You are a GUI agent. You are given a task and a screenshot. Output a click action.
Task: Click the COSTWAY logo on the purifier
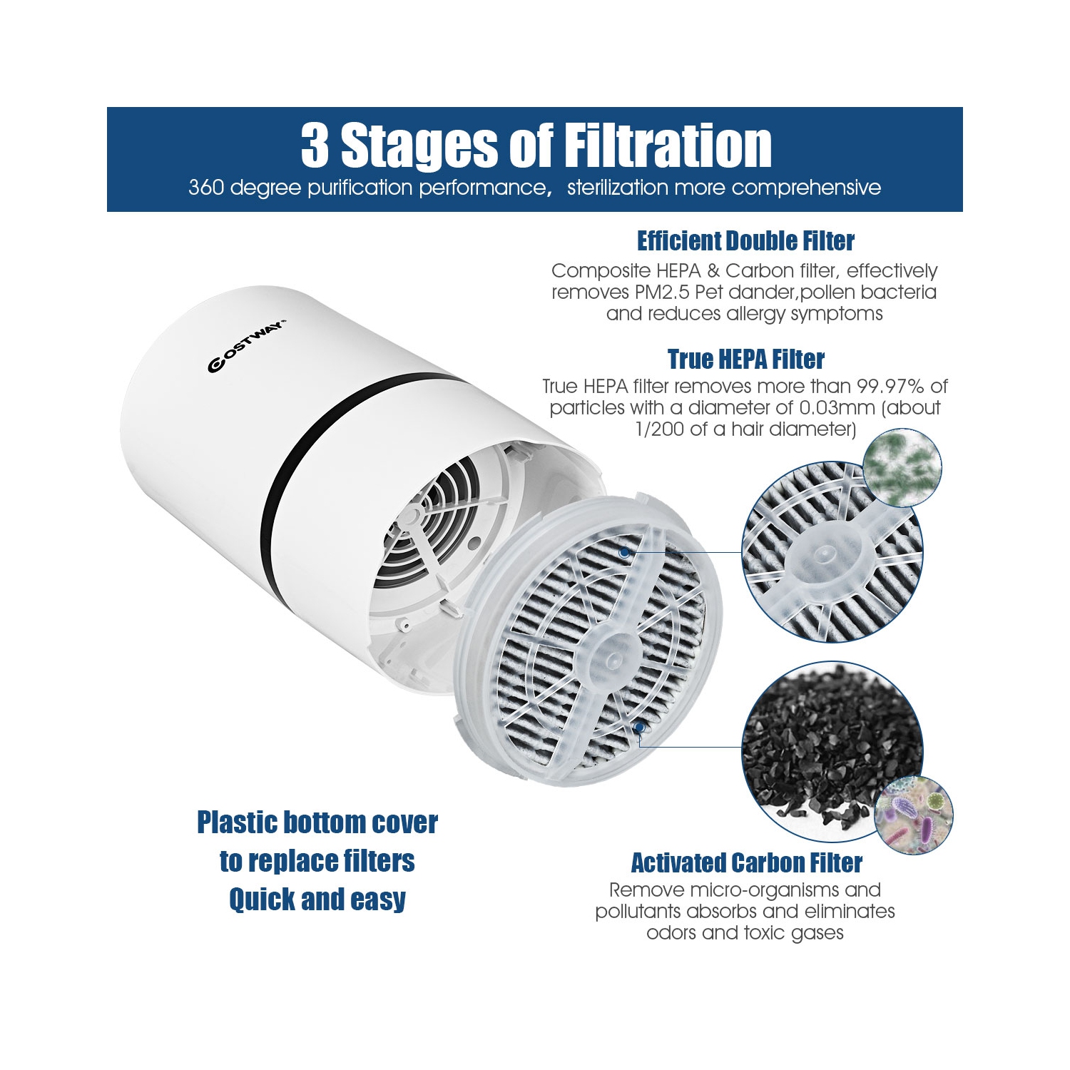pos(247,345)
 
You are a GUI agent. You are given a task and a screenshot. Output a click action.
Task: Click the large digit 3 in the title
pos(315,145)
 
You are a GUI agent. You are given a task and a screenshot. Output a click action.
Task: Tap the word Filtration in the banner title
pos(668,145)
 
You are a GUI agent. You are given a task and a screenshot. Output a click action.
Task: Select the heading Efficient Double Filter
pos(745,241)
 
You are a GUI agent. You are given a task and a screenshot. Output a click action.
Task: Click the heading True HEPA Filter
pos(746,359)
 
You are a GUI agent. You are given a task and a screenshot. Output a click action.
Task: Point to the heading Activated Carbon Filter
pos(746,863)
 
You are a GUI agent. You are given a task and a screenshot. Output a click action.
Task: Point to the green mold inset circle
pos(902,467)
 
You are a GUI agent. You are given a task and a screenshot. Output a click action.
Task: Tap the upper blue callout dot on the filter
pos(625,552)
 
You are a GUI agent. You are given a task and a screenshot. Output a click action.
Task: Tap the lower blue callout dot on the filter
pos(640,728)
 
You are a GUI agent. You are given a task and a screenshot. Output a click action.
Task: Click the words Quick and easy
pos(317,900)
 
